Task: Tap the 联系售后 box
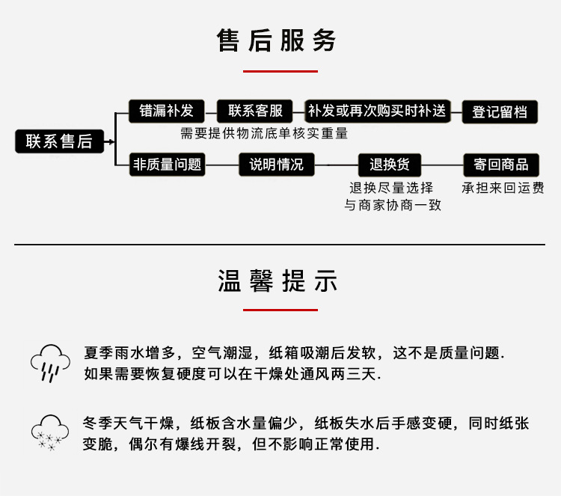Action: click(59, 141)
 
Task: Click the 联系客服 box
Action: click(256, 111)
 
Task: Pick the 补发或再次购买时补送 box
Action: click(377, 111)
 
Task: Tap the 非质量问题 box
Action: click(167, 165)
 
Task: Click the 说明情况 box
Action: click(277, 165)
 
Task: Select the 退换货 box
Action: click(395, 165)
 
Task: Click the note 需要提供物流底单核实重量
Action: click(264, 134)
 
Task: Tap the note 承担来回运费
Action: click(502, 188)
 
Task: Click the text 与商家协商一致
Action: click(393, 205)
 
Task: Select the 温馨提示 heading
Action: click(278, 281)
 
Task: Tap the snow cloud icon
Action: click(50, 432)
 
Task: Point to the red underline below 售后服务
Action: click(280, 72)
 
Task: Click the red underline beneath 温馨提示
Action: click(280, 309)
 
